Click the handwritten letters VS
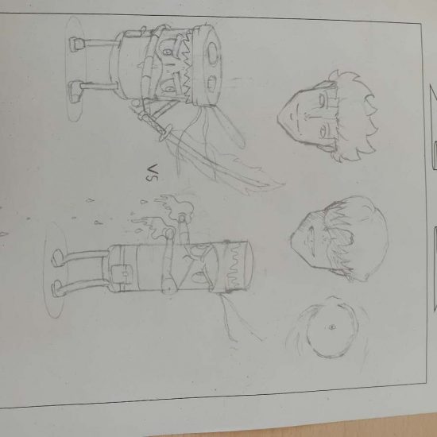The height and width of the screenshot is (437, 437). tap(153, 173)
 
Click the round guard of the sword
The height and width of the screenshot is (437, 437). tap(165, 133)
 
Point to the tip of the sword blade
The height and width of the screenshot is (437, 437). tap(284, 184)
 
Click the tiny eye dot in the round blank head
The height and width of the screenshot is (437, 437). tap(331, 327)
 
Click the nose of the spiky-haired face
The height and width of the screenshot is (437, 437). tap(307, 117)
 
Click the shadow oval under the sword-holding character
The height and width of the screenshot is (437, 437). tap(75, 69)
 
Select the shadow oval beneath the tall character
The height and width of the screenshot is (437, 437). tap(55, 270)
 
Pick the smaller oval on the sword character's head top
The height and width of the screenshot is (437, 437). tap(211, 83)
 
